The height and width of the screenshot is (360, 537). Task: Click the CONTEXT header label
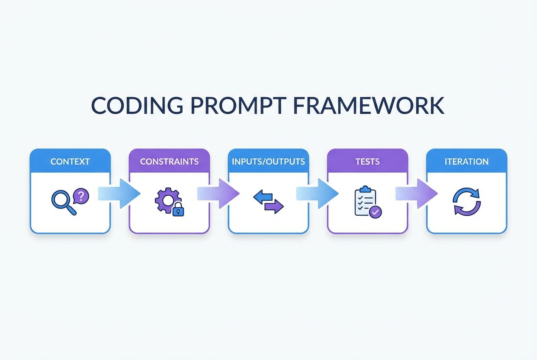tap(70, 162)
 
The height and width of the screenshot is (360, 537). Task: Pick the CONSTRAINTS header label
tap(169, 162)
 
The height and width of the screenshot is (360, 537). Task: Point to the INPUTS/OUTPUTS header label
tap(268, 162)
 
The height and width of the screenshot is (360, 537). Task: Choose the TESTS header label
tap(368, 162)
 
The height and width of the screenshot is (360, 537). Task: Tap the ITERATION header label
tap(466, 162)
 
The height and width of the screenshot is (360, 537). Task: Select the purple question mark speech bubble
tap(81, 196)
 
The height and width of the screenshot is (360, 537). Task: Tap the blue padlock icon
tap(178, 210)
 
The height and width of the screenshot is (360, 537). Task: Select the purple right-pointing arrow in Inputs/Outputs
tap(274, 206)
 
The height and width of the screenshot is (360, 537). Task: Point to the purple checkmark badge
tap(376, 211)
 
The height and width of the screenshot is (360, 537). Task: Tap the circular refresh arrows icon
tap(466, 201)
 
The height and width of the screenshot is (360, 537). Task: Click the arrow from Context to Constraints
tap(119, 194)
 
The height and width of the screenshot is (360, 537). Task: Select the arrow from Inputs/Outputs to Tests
tap(317, 194)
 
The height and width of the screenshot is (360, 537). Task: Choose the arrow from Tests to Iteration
tap(417, 194)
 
